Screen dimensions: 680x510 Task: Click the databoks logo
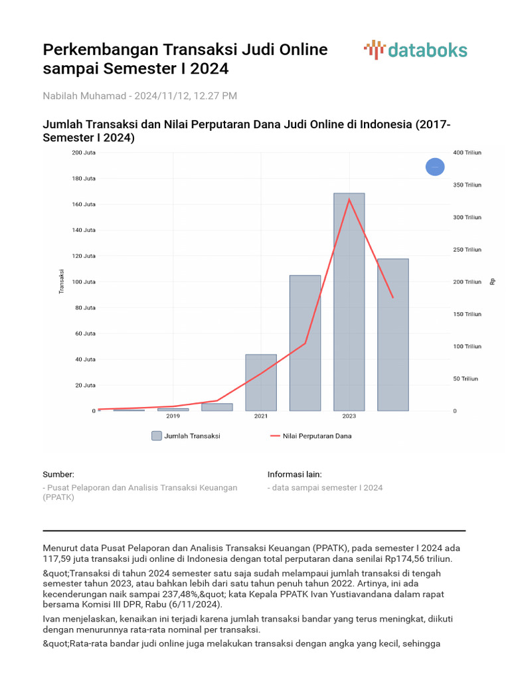click(x=416, y=50)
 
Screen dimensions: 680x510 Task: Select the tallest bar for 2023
click(x=349, y=302)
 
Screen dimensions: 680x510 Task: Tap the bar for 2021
click(x=260, y=382)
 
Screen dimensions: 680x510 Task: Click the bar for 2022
click(x=305, y=343)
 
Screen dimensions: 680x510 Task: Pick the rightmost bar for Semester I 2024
click(x=393, y=335)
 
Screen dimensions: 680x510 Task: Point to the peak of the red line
click(x=349, y=199)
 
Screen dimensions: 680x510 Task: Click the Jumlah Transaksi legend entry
click(x=186, y=436)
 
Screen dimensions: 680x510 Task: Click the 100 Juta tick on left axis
click(x=84, y=282)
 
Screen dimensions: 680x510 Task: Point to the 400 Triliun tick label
click(x=467, y=153)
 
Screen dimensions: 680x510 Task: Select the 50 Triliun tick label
click(x=466, y=379)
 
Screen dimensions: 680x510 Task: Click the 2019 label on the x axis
click(x=173, y=416)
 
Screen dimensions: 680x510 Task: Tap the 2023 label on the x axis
click(x=349, y=416)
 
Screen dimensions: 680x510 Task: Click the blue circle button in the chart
click(x=435, y=167)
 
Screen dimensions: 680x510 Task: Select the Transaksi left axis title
click(x=61, y=282)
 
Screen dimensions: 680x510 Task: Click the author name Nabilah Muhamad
click(x=86, y=96)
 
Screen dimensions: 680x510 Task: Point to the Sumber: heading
click(x=58, y=474)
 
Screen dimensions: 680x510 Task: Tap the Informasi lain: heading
click(x=295, y=474)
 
